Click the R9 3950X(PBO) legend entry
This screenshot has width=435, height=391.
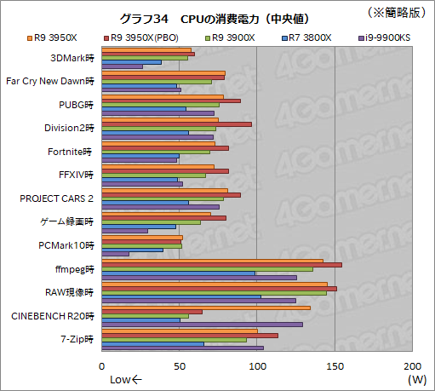point(143,37)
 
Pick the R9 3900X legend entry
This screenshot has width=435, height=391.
point(224,37)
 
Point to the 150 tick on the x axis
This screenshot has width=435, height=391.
point(335,359)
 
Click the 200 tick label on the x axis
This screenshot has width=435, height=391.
point(412,359)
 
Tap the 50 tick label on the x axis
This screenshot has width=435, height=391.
point(180,359)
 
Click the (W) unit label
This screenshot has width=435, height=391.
point(416,378)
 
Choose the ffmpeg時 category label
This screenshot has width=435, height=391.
point(75,268)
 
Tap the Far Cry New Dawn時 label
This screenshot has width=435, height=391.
point(49,82)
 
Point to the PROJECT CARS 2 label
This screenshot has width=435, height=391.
point(57,198)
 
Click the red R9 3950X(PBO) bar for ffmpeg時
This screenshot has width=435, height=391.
point(221,265)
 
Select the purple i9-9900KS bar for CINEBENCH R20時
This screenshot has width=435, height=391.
point(202,324)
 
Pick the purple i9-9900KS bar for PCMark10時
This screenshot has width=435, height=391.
point(115,254)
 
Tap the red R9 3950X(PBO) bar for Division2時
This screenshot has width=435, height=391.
point(176,124)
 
